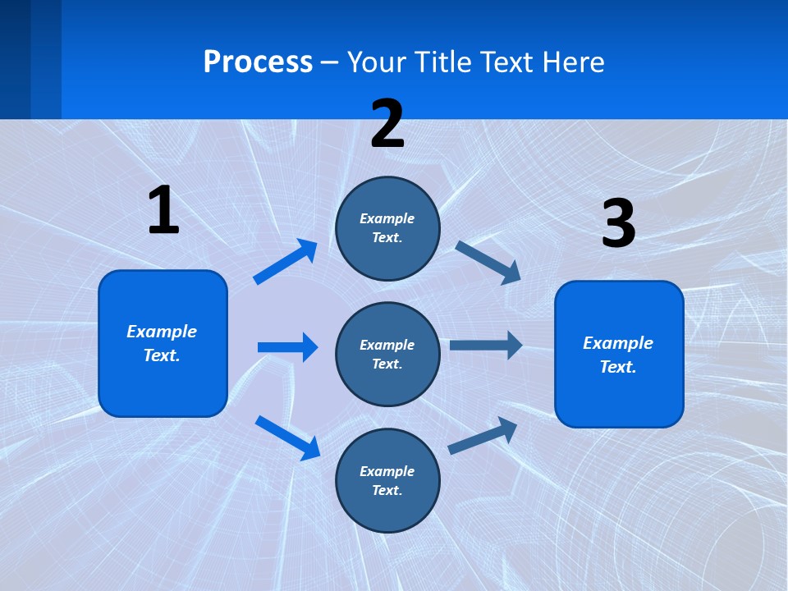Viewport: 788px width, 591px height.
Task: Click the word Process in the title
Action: (258, 62)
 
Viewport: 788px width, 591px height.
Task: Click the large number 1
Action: (163, 211)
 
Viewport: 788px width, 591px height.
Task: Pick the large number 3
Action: (618, 224)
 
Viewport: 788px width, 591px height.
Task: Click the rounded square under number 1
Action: (163, 343)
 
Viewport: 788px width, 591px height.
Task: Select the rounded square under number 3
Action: (619, 354)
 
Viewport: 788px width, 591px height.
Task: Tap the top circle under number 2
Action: (387, 228)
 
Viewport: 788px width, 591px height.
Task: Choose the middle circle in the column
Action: (387, 354)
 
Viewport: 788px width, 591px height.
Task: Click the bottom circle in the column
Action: (387, 480)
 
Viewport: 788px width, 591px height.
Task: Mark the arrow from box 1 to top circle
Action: (286, 262)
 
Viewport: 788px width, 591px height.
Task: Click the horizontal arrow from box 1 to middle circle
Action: (287, 347)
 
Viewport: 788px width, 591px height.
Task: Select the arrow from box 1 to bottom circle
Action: (288, 437)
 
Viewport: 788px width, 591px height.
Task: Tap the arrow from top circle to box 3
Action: (488, 262)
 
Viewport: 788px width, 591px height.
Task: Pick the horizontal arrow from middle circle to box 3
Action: (486, 345)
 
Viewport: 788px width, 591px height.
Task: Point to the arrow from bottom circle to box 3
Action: (483, 436)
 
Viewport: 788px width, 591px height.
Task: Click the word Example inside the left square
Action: (162, 332)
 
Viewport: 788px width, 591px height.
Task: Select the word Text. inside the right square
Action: (618, 367)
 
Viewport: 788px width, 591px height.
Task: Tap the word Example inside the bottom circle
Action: (387, 471)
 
